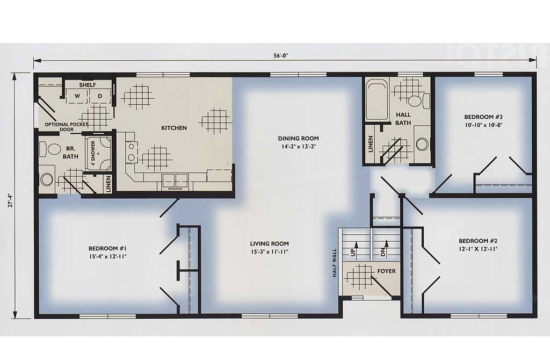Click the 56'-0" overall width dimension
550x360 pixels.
click(x=281, y=55)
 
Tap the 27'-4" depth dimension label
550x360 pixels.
click(x=11, y=204)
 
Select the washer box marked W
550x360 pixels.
click(x=77, y=96)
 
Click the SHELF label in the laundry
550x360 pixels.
click(x=88, y=85)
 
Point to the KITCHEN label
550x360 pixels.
click(x=174, y=128)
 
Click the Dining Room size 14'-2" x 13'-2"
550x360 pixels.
click(x=299, y=147)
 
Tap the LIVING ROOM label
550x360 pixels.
click(x=270, y=243)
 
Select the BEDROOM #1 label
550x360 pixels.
click(x=107, y=249)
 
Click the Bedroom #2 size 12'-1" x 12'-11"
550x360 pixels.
click(x=478, y=249)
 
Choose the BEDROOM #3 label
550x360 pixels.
click(x=483, y=117)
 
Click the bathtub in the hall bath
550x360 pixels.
click(x=377, y=99)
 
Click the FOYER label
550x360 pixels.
click(x=386, y=271)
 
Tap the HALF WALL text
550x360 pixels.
click(x=334, y=263)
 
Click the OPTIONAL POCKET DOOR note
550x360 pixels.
click(x=66, y=127)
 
